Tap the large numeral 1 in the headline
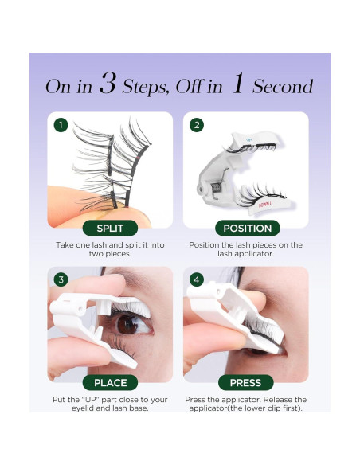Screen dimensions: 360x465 [x=238, y=84]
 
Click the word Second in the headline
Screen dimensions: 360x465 [x=283, y=87]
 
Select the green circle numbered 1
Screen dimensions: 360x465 [x=61, y=125]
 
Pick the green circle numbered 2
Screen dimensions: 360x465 [x=197, y=125]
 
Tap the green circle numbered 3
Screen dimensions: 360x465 [x=61, y=279]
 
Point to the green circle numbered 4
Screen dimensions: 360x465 [x=197, y=279]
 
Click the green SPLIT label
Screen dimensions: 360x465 [x=110, y=228]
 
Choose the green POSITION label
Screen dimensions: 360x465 [x=248, y=228]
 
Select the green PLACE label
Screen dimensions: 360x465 [x=111, y=382]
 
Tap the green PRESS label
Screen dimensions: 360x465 [x=245, y=382]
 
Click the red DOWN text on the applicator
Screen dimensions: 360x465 [x=264, y=205]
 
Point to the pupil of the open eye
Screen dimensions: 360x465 [x=127, y=324]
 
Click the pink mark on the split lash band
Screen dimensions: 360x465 [x=138, y=160]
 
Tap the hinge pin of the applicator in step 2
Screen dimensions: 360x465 [x=201, y=189]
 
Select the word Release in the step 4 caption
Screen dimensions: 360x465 [x=279, y=400]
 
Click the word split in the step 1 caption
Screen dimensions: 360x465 [x=133, y=245]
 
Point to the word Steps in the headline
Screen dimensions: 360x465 [x=146, y=88]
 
